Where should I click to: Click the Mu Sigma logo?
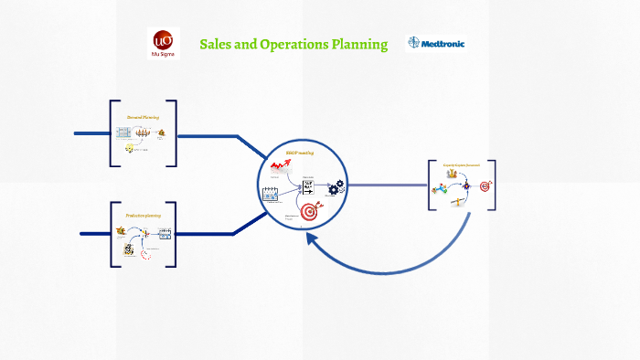point(163,42)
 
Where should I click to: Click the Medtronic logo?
point(435,43)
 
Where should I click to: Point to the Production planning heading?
point(143,215)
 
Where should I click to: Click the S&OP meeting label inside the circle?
point(300,154)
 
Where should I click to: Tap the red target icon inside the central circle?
point(309,212)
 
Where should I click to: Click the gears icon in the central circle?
point(337,187)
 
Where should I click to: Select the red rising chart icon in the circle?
point(280,166)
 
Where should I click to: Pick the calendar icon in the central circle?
point(271,194)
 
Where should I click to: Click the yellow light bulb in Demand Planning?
point(130,148)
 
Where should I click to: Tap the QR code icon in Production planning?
point(129,248)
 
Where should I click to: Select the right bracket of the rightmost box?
point(493,185)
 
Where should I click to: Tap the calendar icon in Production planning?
point(165,235)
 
